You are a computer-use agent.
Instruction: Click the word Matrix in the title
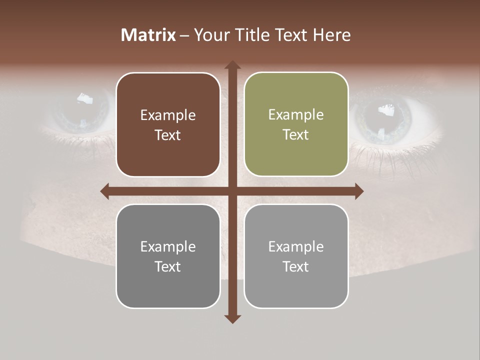[148, 35]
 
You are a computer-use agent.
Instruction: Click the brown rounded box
[168, 124]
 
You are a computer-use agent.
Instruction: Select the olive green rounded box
[296, 124]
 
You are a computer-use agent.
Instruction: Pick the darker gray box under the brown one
[168, 256]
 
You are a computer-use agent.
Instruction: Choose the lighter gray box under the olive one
[296, 256]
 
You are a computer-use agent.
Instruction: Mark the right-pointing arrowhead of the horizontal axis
[359, 191]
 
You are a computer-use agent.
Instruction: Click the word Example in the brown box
[168, 115]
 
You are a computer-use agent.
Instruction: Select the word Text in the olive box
[296, 135]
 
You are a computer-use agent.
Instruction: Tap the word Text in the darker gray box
[168, 266]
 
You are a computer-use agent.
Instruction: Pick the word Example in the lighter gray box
[296, 246]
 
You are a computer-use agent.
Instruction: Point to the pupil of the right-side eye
[385, 119]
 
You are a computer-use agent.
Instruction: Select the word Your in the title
[210, 35]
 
